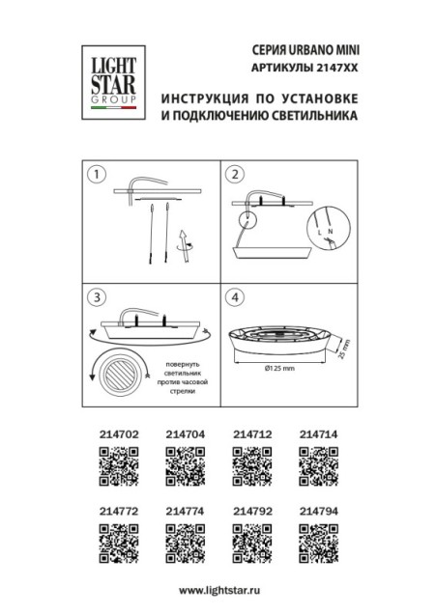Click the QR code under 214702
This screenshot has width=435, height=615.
click(x=117, y=471)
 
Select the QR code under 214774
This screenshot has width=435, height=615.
click(x=184, y=542)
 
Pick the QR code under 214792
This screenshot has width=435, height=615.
click(x=250, y=542)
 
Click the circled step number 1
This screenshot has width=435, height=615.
click(x=96, y=175)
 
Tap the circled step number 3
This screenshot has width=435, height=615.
click(x=96, y=296)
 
